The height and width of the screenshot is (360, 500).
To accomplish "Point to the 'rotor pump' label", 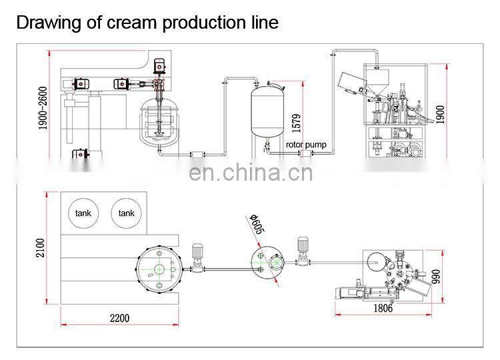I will (x=307, y=144).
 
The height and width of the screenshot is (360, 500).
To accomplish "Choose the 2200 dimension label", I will (x=120, y=318).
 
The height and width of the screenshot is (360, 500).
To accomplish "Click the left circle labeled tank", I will (x=83, y=213).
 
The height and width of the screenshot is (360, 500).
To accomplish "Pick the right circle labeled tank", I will (x=126, y=213).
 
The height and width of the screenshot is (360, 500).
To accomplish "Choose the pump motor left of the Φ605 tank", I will (x=198, y=253).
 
